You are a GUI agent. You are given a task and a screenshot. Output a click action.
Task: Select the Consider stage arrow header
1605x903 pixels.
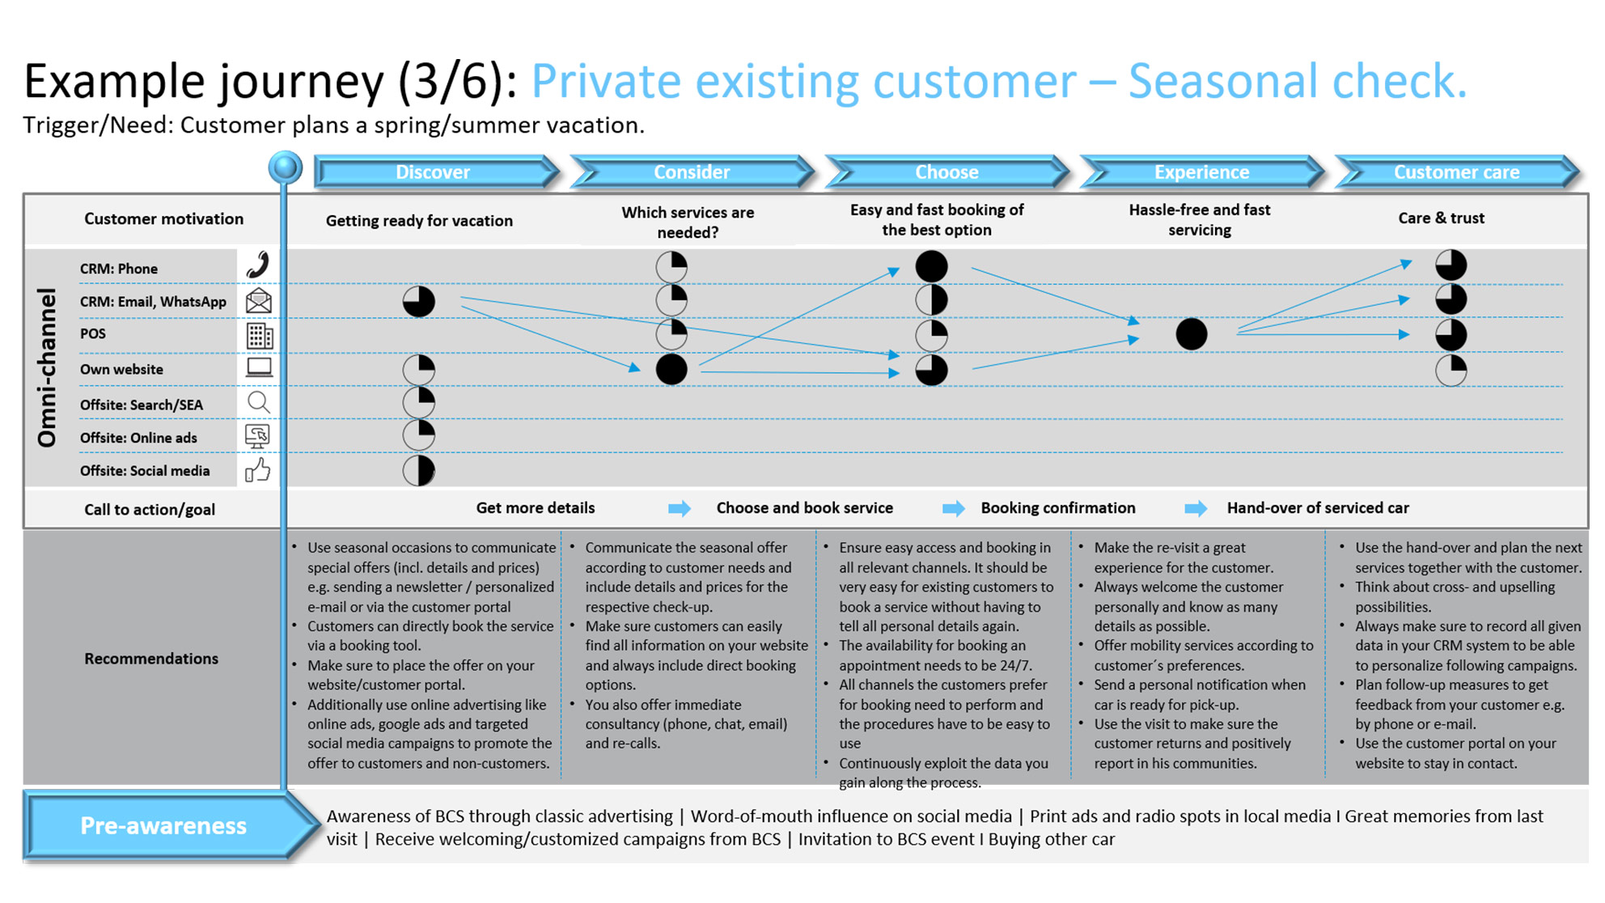[692, 172]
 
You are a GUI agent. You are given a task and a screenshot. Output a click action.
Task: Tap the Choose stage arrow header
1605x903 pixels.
[946, 172]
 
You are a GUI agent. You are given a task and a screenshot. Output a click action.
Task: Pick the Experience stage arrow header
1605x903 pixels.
[1201, 172]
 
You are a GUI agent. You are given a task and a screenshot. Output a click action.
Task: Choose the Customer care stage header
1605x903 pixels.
[1456, 172]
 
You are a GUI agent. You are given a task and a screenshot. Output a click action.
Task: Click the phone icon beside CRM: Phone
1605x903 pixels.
[258, 265]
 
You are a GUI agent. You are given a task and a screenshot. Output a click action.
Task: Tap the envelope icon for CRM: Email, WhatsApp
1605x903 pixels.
[258, 301]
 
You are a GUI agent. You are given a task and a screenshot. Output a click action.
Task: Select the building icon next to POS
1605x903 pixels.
[259, 335]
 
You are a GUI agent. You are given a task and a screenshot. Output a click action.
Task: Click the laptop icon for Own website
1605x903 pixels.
[259, 368]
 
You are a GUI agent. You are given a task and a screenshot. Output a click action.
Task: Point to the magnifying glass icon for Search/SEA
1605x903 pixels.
[258, 402]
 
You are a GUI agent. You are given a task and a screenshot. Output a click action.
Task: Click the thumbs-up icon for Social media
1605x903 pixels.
[257, 470]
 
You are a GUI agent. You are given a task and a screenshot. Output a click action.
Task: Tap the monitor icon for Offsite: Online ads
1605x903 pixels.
[257, 437]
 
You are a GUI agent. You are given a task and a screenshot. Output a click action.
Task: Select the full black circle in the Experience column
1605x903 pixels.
[1191, 334]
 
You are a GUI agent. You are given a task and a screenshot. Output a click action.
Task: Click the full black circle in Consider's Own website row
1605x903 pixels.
[671, 370]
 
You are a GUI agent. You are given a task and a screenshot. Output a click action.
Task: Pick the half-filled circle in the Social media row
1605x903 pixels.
[419, 471]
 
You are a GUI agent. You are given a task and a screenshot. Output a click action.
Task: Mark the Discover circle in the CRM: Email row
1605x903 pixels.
[419, 302]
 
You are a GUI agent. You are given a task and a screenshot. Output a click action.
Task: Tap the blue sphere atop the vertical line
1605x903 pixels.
[285, 167]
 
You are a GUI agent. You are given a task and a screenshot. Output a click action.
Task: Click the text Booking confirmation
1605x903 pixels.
[1058, 508]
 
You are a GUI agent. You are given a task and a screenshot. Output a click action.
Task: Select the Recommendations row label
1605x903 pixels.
[151, 659]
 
